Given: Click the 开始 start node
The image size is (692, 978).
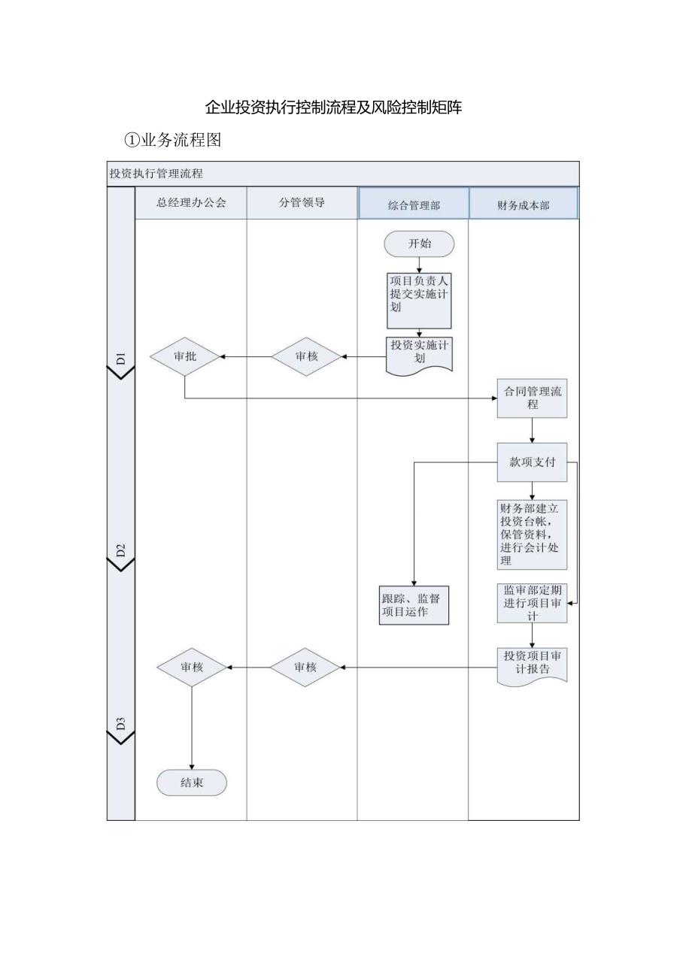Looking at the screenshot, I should tap(419, 244).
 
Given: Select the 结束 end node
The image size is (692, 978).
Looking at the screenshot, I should tap(192, 783).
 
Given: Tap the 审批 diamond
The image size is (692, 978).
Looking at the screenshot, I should tap(185, 356).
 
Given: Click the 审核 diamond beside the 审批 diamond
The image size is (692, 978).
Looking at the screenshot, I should tap(306, 356).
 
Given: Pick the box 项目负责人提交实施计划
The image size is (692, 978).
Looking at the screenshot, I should tap(419, 300).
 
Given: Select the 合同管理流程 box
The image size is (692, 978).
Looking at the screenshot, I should tap(532, 398).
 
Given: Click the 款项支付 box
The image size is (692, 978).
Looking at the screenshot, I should tap(532, 462).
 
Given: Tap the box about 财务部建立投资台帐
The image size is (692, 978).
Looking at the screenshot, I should tap(532, 534).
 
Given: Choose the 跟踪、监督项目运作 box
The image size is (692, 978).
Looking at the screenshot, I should tap(414, 605).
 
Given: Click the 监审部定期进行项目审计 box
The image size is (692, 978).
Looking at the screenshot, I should tap(532, 603).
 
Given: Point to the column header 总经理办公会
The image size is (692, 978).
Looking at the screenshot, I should tap(191, 203).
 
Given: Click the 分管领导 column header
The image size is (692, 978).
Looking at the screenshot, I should tap(302, 203).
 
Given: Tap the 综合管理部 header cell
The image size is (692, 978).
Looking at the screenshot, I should tap(414, 204).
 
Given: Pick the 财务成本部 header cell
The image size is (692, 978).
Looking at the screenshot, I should tap(524, 204).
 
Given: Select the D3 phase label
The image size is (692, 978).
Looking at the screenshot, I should tap(121, 723).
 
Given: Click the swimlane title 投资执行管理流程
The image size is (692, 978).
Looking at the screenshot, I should tap(156, 174).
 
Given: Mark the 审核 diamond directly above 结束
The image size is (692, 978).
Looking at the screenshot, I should tap(192, 667).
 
